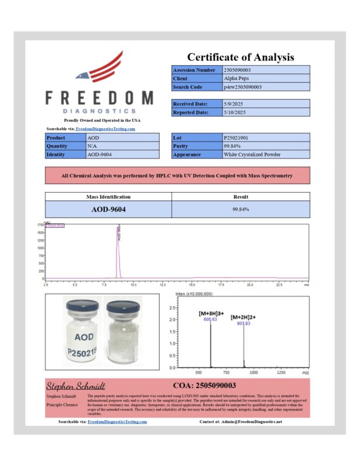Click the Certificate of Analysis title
pyautogui.click(x=241, y=57)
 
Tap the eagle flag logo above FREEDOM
pyautogui.click(x=100, y=68)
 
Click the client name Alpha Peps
pyautogui.click(x=235, y=78)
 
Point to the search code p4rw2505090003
pyautogui.click(x=242, y=87)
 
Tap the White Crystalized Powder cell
pyautogui.click(x=252, y=154)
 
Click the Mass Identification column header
pyautogui.click(x=108, y=197)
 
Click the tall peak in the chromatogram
pyautogui.click(x=118, y=245)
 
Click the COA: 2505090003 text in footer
pyautogui.click(x=204, y=386)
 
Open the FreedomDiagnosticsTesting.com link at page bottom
pyautogui.click(x=117, y=421)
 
